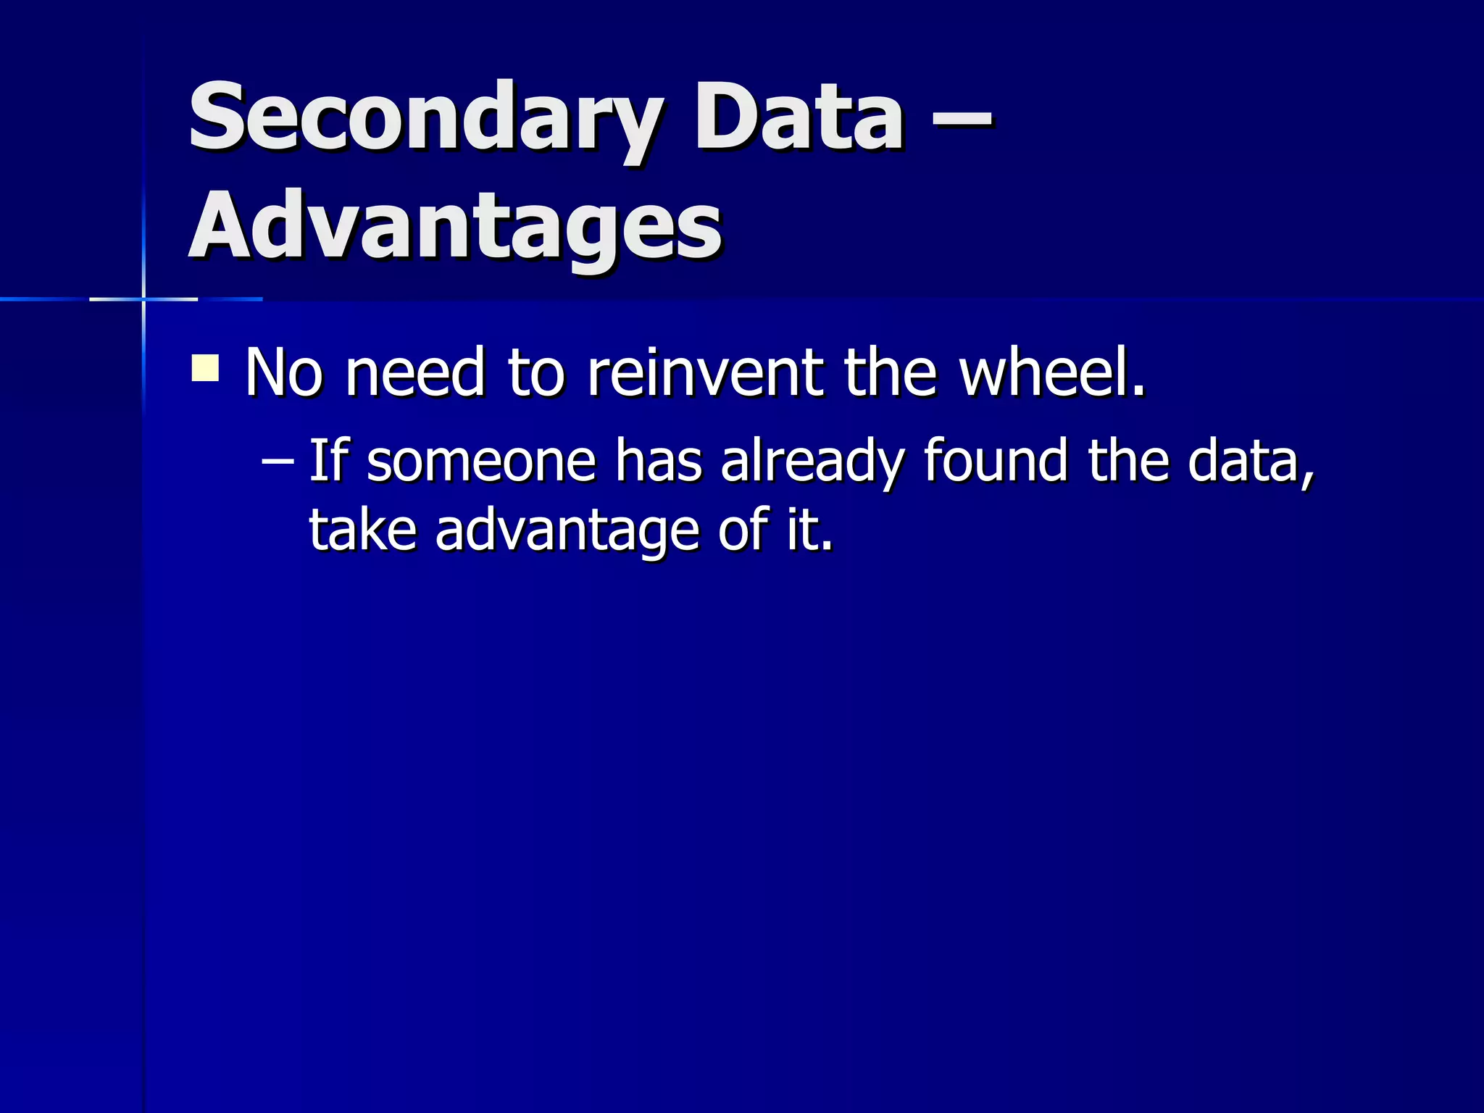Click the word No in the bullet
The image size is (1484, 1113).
(283, 372)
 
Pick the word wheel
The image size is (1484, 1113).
(1051, 372)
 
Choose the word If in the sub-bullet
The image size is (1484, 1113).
(327, 461)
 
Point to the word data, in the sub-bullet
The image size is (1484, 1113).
(1251, 461)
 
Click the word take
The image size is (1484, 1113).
(363, 530)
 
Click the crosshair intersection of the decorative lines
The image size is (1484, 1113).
(143, 299)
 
